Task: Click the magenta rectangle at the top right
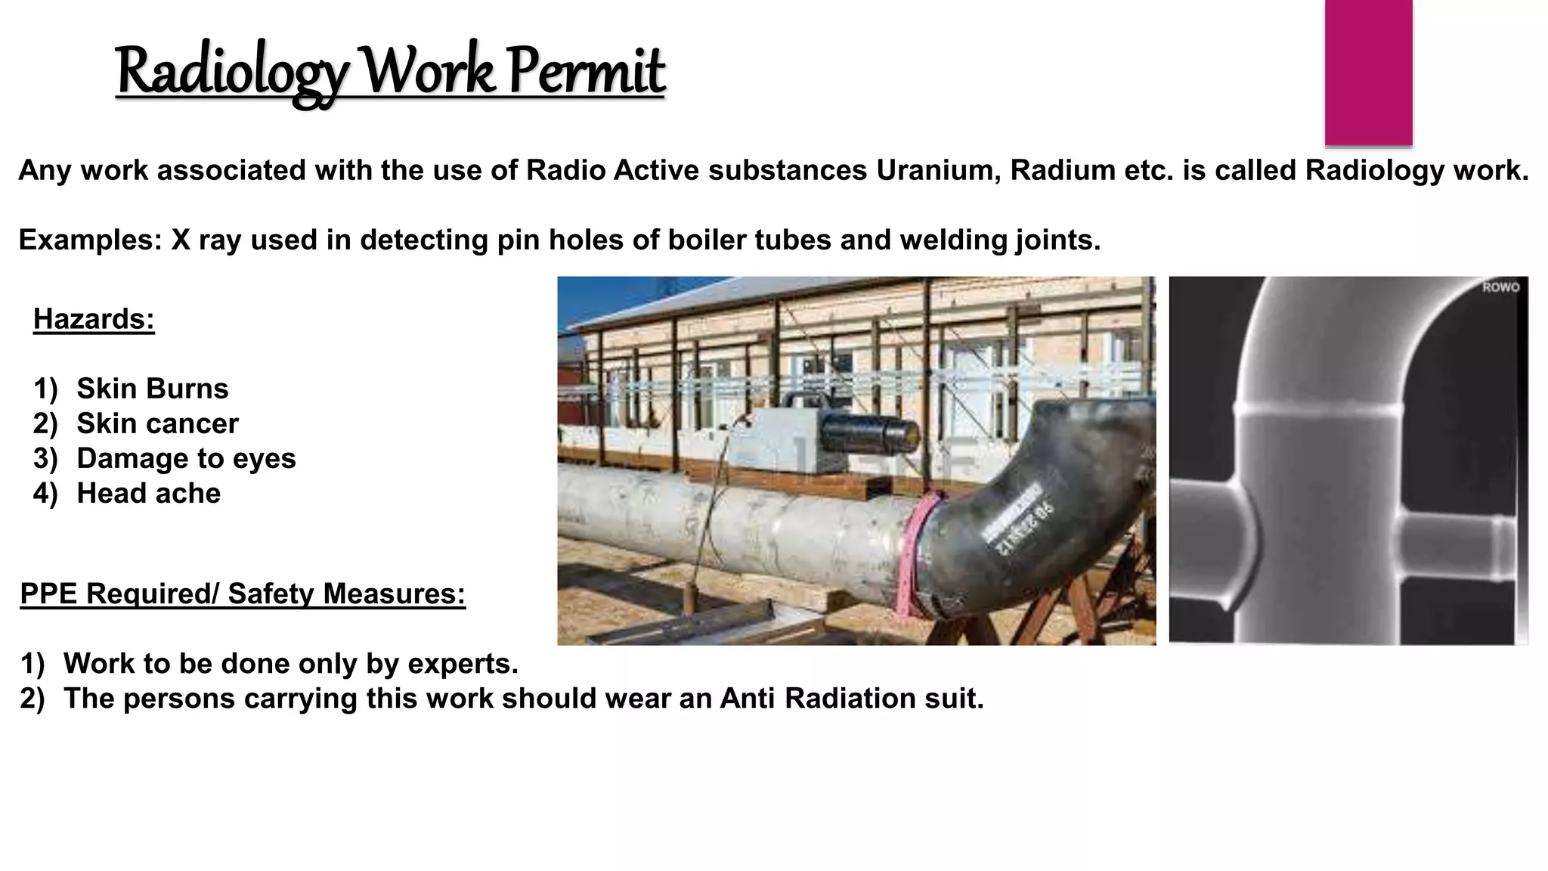pyautogui.click(x=1368, y=73)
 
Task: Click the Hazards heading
pyautogui.click(x=94, y=320)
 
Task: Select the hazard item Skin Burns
pyautogui.click(x=152, y=389)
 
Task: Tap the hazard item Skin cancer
pyautogui.click(x=157, y=423)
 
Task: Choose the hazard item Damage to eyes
pyautogui.click(x=186, y=458)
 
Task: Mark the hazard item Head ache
pyautogui.click(x=148, y=493)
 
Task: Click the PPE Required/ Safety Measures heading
pyautogui.click(x=243, y=594)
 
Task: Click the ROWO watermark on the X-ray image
pyautogui.click(x=1500, y=287)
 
